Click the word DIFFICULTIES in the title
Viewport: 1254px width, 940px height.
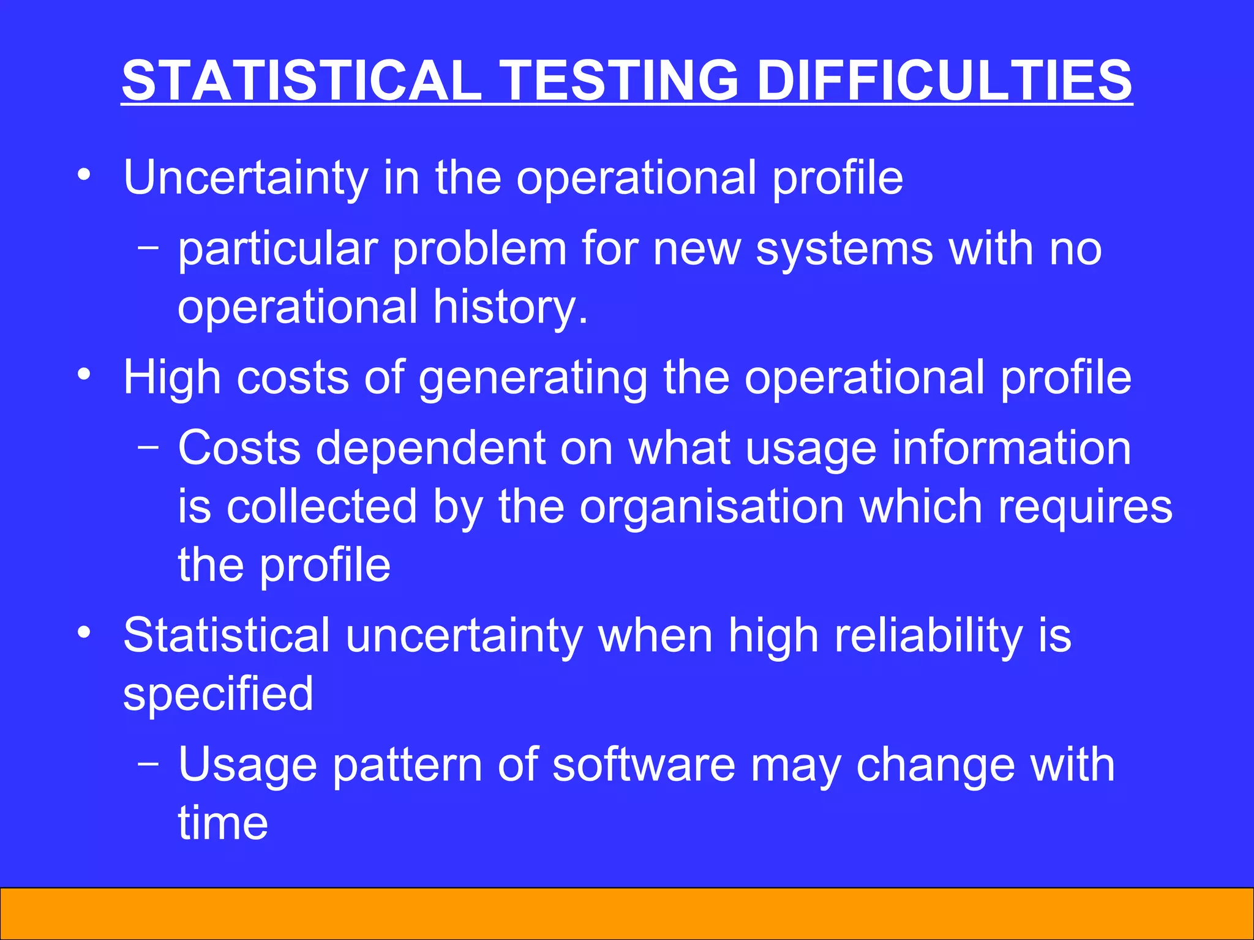point(944,80)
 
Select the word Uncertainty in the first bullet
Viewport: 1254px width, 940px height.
point(246,177)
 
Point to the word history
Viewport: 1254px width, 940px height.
point(511,307)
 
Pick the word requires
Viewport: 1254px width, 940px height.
point(1085,507)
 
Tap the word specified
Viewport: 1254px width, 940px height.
point(218,695)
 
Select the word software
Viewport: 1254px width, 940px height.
point(644,765)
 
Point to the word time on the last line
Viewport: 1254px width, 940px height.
point(223,823)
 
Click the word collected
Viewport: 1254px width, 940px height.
point(321,507)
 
